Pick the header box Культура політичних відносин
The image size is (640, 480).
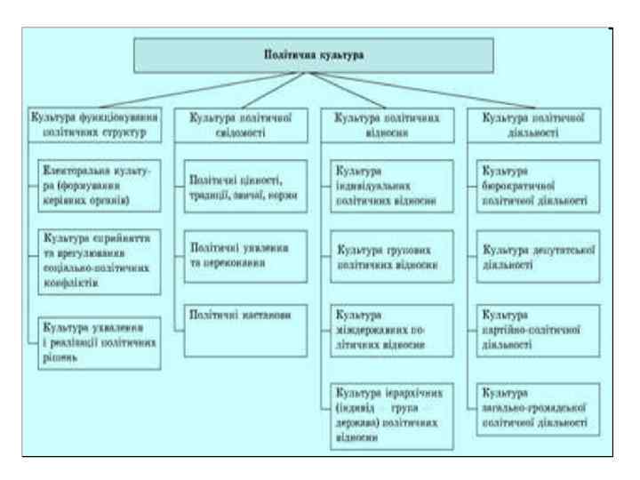click(x=387, y=122)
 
